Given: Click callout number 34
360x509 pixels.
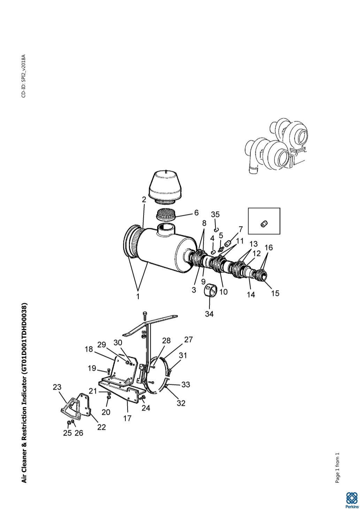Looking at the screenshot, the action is pos(209,314).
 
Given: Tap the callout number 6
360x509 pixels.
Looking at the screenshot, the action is pos(196,213).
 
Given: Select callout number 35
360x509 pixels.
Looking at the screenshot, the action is pos(215,214).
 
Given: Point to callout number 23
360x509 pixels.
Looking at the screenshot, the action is pos(57,387).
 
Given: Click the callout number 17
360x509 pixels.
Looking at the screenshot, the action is pos(128,418).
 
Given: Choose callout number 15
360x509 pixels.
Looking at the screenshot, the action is pos(275,293).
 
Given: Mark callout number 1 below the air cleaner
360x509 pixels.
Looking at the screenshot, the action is pos(138,296).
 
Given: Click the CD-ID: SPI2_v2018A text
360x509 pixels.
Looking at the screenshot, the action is pos(24,76).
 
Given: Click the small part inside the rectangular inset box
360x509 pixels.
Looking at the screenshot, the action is pos(264,224).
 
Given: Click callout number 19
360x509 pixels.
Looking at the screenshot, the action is pos(92,368).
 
